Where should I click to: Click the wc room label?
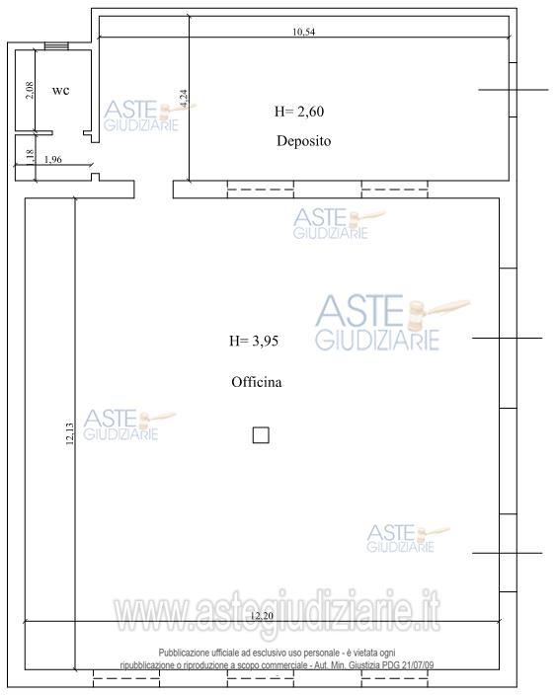click(x=61, y=91)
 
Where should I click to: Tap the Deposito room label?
click(x=304, y=141)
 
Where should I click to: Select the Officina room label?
click(x=257, y=382)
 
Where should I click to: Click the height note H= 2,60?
click(x=299, y=112)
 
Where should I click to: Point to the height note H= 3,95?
click(x=254, y=341)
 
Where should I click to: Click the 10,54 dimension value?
click(x=304, y=32)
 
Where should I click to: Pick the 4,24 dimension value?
click(x=184, y=99)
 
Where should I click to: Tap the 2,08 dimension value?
click(x=30, y=91)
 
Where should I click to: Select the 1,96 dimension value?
click(x=53, y=159)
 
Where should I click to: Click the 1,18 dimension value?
click(x=30, y=158)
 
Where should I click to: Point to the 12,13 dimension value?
click(x=69, y=433)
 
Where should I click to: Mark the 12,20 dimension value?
click(x=262, y=616)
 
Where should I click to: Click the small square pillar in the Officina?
click(x=261, y=435)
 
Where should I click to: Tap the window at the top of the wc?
click(x=56, y=46)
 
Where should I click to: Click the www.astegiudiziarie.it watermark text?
click(x=277, y=613)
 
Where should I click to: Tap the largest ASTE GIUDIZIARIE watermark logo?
click(x=393, y=323)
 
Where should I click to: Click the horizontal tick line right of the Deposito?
click(x=514, y=90)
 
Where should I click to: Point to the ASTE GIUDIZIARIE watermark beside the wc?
click(x=150, y=116)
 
